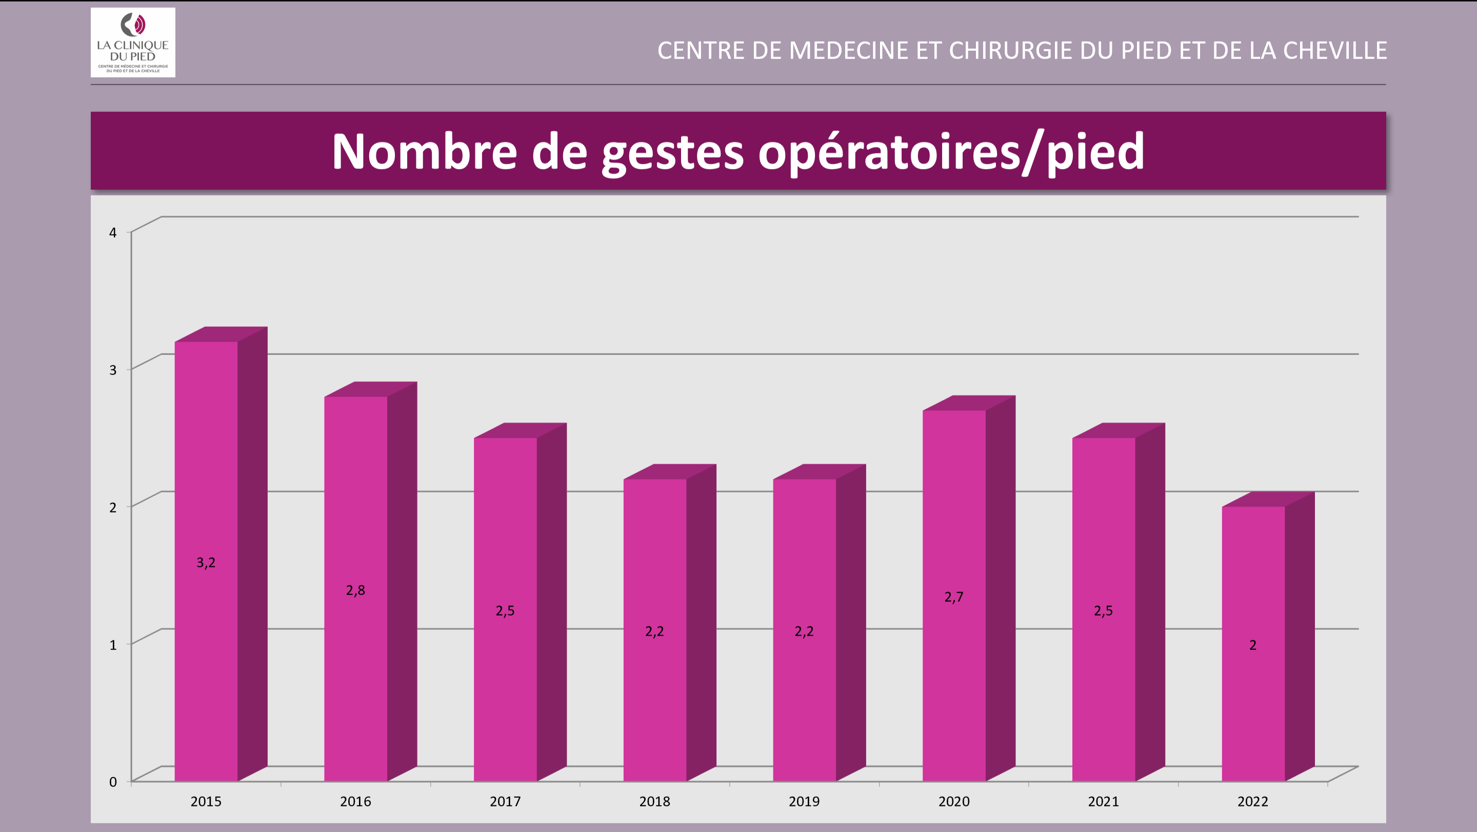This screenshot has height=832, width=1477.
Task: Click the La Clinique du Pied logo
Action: coord(133,43)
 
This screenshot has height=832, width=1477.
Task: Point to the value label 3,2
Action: coord(206,563)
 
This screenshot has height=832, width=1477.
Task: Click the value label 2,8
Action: coord(355,590)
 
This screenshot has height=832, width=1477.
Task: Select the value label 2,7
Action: coord(954,597)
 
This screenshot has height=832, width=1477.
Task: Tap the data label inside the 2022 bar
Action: coord(1253,645)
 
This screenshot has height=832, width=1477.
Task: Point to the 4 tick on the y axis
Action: coord(113,232)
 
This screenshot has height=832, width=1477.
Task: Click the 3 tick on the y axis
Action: coord(113,370)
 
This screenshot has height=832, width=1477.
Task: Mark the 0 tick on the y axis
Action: coord(113,782)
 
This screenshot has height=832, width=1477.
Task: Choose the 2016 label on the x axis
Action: coord(355,801)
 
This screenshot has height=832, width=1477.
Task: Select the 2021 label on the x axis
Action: coord(1103,801)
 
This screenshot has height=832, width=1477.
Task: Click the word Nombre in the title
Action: coord(424,151)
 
